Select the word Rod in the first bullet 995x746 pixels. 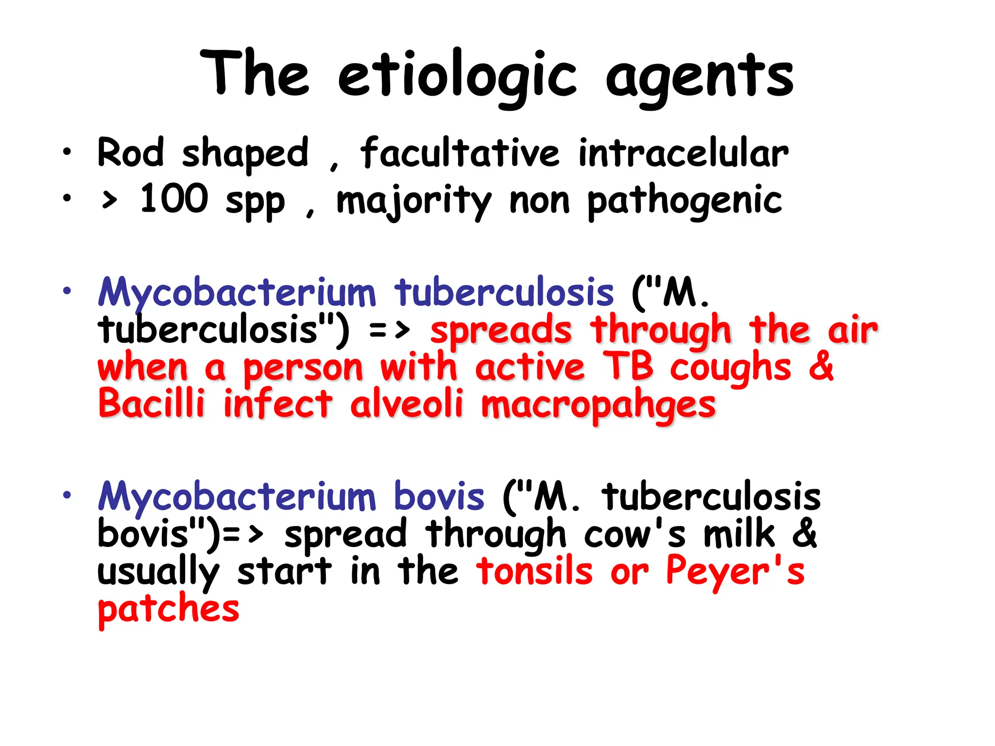(130, 153)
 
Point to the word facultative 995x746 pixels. (460, 153)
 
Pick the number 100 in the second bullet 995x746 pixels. (174, 199)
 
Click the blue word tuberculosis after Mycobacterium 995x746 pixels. (504, 293)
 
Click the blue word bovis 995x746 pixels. (439, 497)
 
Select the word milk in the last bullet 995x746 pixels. (739, 534)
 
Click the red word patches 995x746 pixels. (168, 609)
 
